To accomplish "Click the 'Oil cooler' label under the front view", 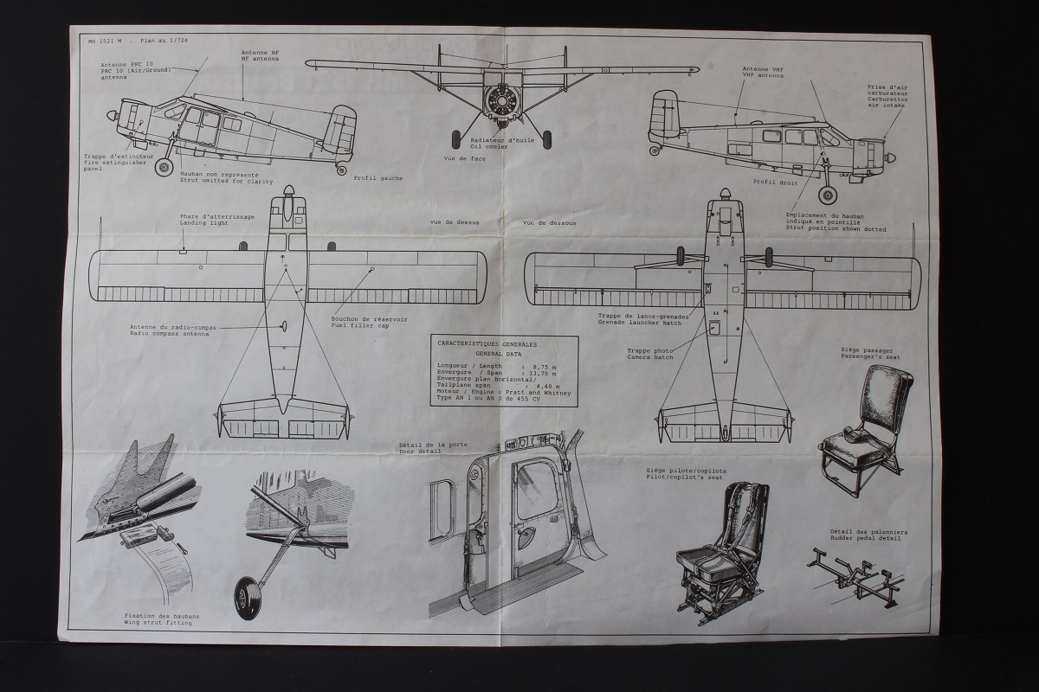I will click(489, 146).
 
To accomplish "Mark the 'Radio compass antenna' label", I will click(173, 334).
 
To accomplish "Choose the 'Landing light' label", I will click(205, 223).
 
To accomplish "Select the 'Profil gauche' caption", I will click(378, 178).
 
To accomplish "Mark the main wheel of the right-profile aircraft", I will click(828, 195).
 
